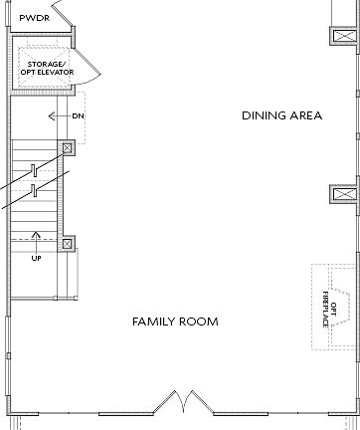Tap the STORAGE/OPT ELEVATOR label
click(x=45, y=69)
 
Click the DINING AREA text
click(x=281, y=116)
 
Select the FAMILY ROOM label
click(x=175, y=322)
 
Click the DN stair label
click(x=79, y=116)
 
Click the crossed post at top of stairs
click(x=68, y=149)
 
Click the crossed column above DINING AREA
click(x=343, y=36)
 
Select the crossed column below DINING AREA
click(x=343, y=194)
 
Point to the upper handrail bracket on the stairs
click(x=33, y=170)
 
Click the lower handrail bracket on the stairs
click(x=33, y=189)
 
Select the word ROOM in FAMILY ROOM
click(x=199, y=322)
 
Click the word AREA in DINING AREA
click(x=305, y=116)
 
